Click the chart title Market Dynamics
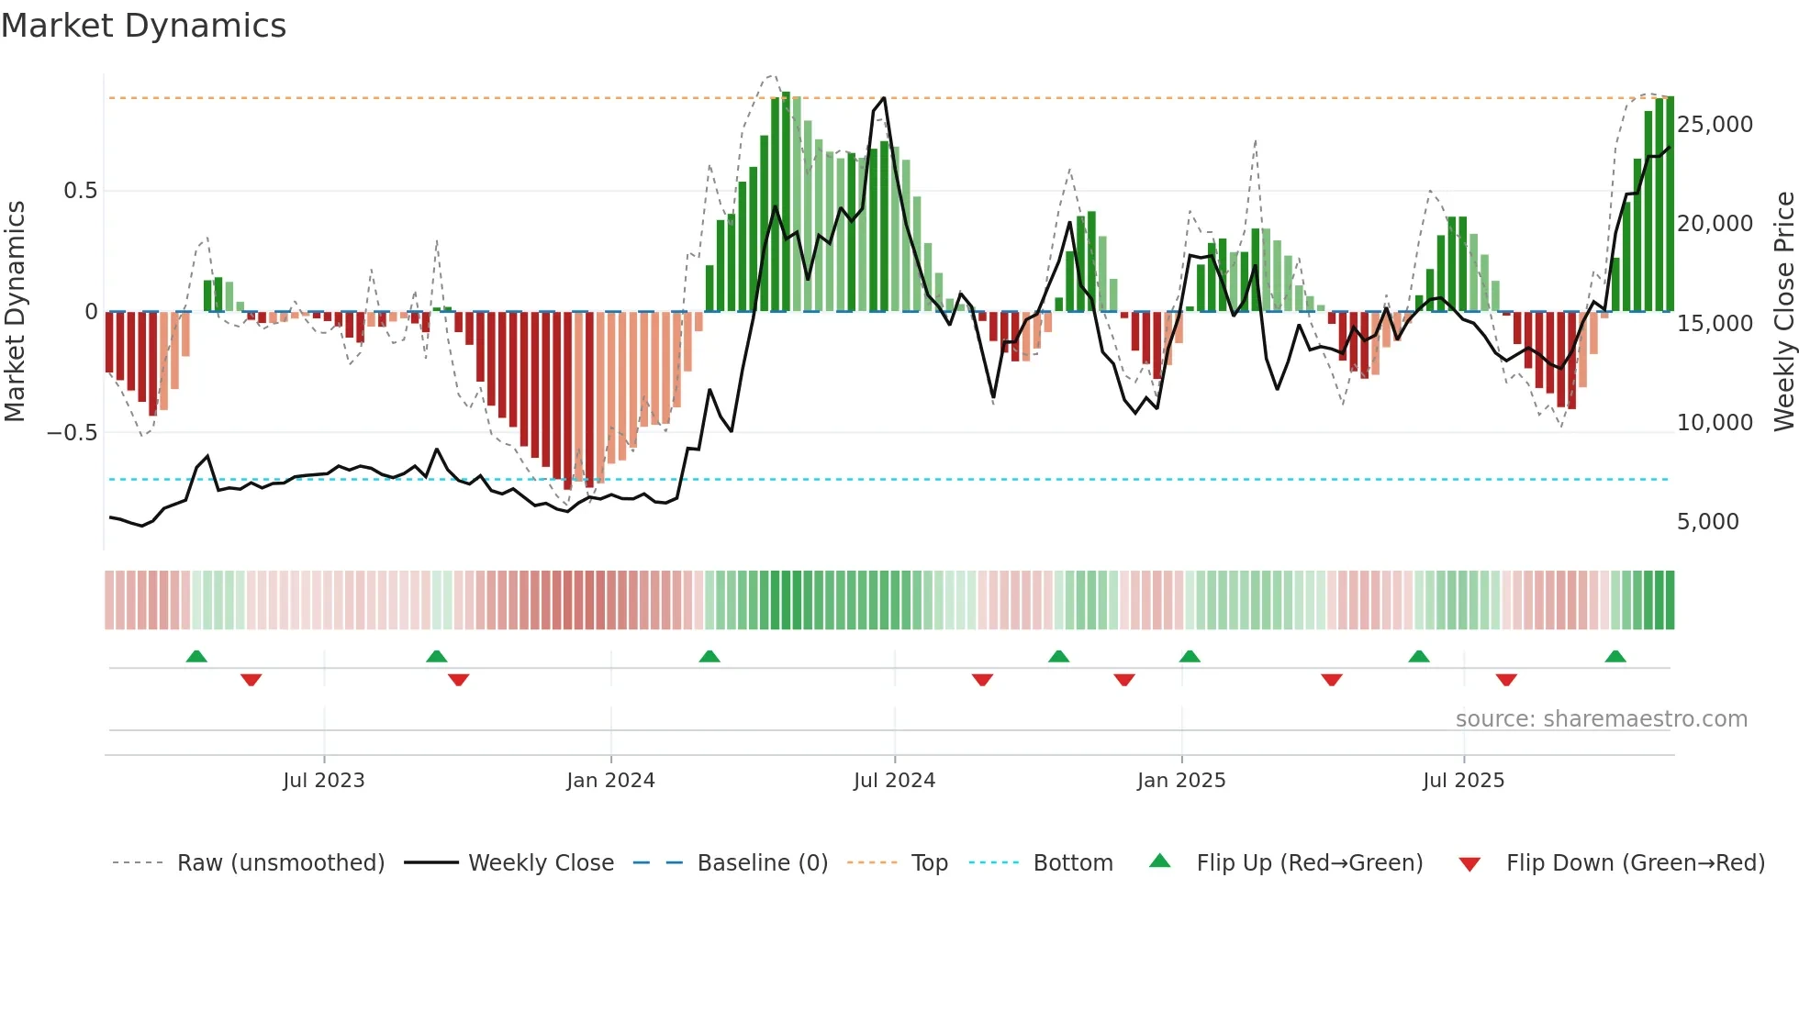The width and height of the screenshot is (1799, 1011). click(x=143, y=26)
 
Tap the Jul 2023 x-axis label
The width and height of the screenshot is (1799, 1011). click(x=323, y=780)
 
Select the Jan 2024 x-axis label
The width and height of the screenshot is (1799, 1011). click(x=610, y=780)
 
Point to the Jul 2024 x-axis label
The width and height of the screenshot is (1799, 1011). click(x=894, y=780)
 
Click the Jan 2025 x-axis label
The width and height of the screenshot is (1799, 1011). click(x=1181, y=780)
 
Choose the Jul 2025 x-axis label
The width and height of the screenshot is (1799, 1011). click(x=1463, y=780)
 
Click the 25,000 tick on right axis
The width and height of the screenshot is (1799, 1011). click(x=1715, y=125)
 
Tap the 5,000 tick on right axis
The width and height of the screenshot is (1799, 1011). click(x=1707, y=522)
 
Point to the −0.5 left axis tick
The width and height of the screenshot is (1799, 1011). click(x=72, y=432)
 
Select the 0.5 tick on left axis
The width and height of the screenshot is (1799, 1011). click(x=80, y=191)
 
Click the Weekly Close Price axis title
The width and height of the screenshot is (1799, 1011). click(x=1783, y=312)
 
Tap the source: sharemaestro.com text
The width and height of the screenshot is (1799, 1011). click(x=1601, y=719)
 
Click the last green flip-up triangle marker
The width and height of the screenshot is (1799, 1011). click(x=1615, y=656)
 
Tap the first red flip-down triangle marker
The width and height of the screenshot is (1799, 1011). click(x=251, y=680)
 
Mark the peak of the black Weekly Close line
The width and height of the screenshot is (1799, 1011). click(x=884, y=97)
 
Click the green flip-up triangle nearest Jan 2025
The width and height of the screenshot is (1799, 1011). click(x=1190, y=656)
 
